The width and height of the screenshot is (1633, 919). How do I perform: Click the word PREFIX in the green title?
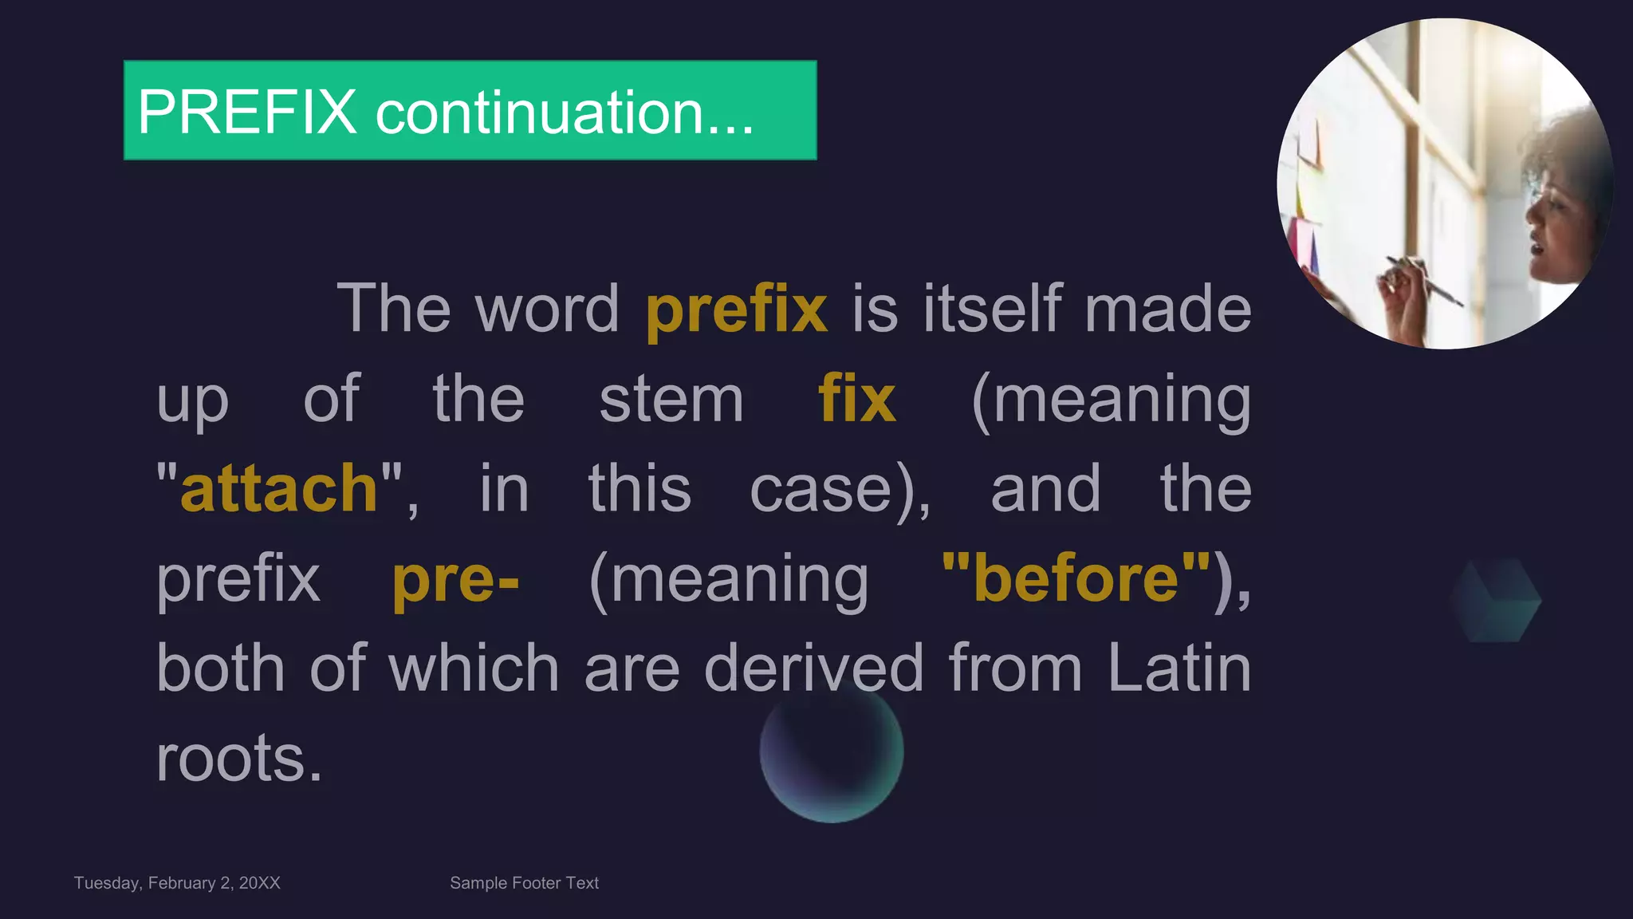coord(247,112)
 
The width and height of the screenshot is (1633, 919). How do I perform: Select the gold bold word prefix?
coord(736,309)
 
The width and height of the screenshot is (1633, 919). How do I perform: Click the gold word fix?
coord(856,399)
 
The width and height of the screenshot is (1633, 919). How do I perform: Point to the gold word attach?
coord(279,488)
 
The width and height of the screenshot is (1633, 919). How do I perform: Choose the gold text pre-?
coord(455,579)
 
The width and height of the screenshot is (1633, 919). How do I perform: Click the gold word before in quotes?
coord(1076,578)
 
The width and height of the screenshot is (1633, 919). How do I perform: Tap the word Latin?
coord(1179,668)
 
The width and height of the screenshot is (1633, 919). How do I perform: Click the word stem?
coord(671,399)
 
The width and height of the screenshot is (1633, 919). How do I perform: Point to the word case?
coord(820,489)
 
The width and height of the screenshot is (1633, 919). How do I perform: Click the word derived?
coord(813,668)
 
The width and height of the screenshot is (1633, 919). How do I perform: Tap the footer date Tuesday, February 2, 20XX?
coord(177,883)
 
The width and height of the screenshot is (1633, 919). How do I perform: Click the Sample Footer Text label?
coord(524,883)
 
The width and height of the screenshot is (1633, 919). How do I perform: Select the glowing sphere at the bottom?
coord(831,751)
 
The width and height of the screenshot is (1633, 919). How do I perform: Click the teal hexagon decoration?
coord(1495,600)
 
